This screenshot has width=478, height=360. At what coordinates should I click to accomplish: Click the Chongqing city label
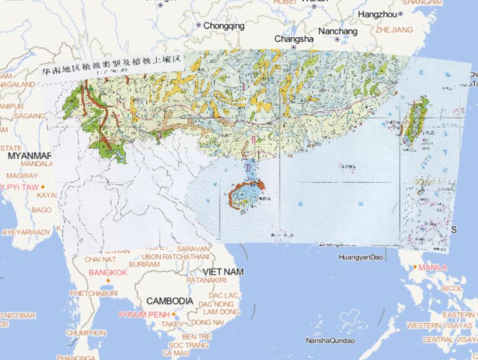(x=224, y=26)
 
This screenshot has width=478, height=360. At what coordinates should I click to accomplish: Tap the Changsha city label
(x=294, y=39)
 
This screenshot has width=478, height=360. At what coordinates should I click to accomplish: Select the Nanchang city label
(x=337, y=31)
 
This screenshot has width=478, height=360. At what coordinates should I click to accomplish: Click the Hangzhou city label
(x=377, y=14)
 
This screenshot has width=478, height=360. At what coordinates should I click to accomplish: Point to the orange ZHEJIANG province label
(x=394, y=29)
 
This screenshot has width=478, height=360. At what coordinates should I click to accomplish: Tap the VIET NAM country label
(x=223, y=272)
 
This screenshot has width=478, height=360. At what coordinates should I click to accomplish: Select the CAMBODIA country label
(x=170, y=300)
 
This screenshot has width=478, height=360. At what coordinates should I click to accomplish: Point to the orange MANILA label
(x=433, y=267)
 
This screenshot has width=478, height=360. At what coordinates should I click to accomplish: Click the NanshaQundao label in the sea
(x=330, y=340)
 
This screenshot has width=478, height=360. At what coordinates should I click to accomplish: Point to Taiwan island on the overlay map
(x=415, y=121)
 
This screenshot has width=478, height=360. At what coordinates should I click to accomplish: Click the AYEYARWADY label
(x=26, y=232)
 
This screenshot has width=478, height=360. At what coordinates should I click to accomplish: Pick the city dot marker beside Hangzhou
(x=401, y=14)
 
